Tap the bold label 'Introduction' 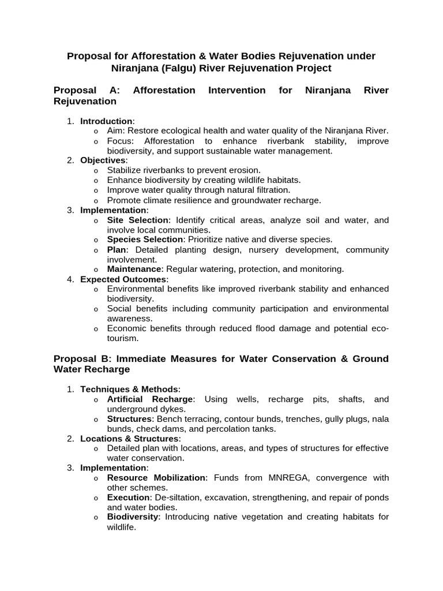coord(106,121)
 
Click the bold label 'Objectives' coord(103,160)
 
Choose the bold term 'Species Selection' coord(145,240)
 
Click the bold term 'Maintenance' coord(134,269)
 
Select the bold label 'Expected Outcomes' coord(123,279)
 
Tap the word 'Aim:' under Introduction coord(117,131)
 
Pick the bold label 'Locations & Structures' coord(130,439)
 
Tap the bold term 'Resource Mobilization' coord(157,478)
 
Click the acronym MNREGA coord(290,478)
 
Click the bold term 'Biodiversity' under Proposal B coord(133,517)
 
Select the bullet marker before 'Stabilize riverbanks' coord(96,171)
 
